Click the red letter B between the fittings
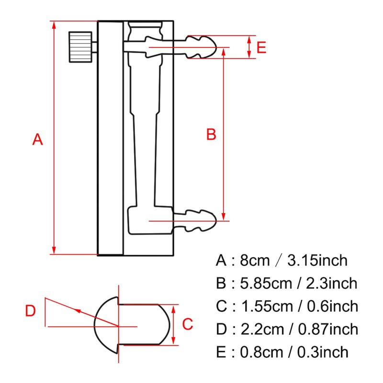pos(211,135)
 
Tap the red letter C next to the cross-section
pos(188,324)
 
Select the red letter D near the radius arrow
pos(31,311)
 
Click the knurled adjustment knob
pos(79,47)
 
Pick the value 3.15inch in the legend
pos(317,261)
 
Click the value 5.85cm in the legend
pos(266,283)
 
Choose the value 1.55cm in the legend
pos(266,306)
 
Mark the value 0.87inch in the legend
pos(328,329)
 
